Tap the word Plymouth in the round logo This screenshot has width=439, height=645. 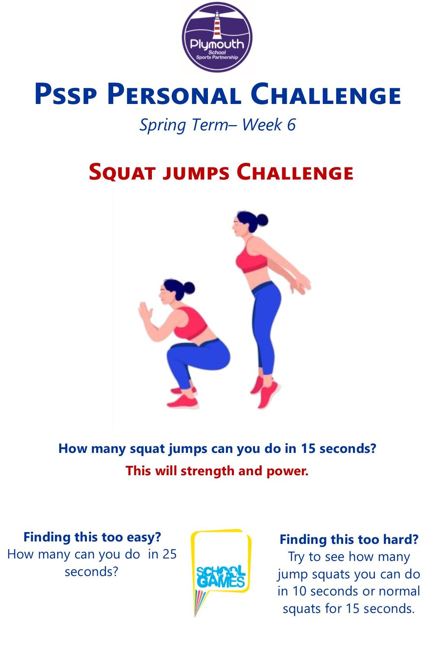[x=217, y=44]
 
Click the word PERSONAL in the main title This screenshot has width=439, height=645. [x=174, y=94]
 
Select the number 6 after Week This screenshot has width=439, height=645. [x=291, y=125]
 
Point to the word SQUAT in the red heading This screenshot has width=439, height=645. [x=122, y=172]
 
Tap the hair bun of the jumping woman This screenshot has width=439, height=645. [x=262, y=220]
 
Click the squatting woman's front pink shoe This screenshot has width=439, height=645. [x=182, y=401]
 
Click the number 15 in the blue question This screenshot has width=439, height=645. [x=308, y=449]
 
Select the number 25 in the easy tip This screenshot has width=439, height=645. [x=169, y=554]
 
